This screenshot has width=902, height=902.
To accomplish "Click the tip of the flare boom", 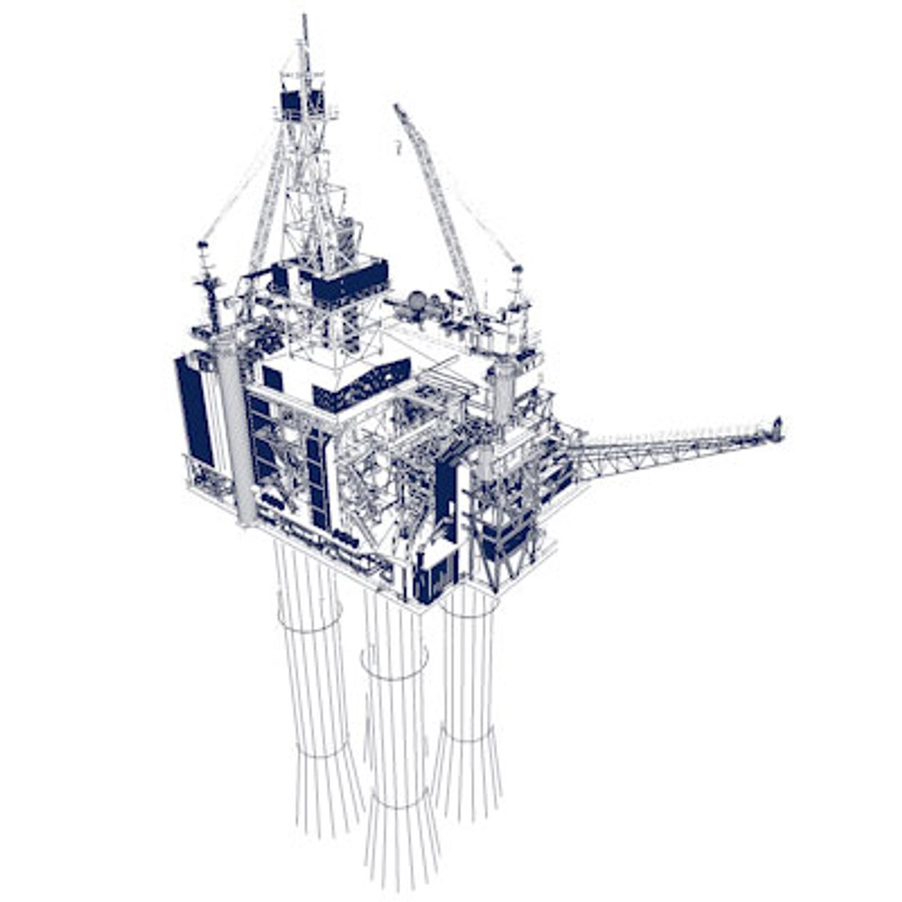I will [x=777, y=429].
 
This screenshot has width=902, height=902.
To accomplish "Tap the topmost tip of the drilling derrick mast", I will [x=305, y=18].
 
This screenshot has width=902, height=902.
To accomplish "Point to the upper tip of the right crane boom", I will [x=398, y=108].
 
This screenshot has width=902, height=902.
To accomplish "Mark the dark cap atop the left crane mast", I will [x=202, y=246].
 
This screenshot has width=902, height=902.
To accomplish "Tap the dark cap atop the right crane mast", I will [x=517, y=270].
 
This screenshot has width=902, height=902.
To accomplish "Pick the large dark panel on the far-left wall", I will [x=195, y=410].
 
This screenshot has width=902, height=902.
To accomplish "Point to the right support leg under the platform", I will [x=467, y=702].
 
